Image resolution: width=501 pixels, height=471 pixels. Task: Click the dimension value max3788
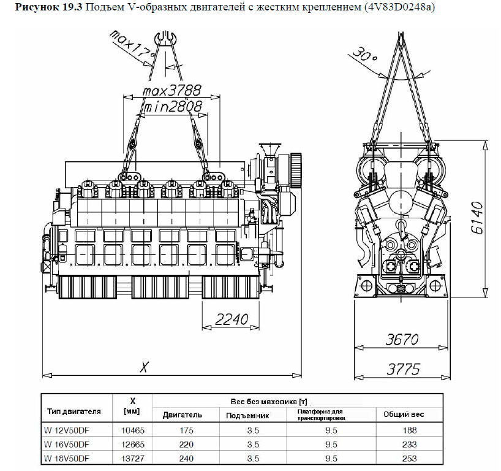[x=172, y=91]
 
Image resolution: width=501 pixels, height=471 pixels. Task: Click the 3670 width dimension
[x=403, y=339]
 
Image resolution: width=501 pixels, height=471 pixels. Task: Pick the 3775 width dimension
[x=403, y=369]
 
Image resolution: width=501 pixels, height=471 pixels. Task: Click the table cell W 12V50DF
[x=67, y=430]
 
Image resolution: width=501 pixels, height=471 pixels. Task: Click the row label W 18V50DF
[x=67, y=458]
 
